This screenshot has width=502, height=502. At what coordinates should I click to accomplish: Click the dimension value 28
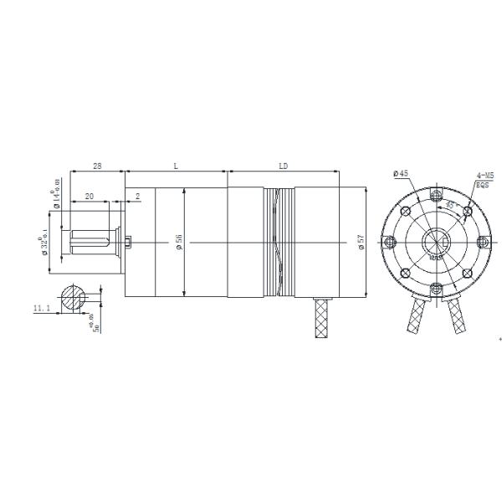point(97,166)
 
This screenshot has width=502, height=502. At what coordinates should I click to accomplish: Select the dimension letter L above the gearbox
point(176,166)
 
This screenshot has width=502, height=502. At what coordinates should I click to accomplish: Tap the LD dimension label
point(283,166)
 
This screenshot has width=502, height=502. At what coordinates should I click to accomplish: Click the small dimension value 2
point(137,197)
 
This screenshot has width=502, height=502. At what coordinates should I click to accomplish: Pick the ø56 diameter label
point(179,243)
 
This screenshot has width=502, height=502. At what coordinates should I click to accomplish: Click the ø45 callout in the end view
point(400,173)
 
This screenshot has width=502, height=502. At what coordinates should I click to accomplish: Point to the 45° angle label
point(449,204)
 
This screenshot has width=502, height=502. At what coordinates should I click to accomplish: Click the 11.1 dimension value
point(42,309)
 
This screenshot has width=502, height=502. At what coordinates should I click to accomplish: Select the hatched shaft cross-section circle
point(74,298)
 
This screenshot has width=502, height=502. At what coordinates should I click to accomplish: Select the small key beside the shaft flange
point(129,243)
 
